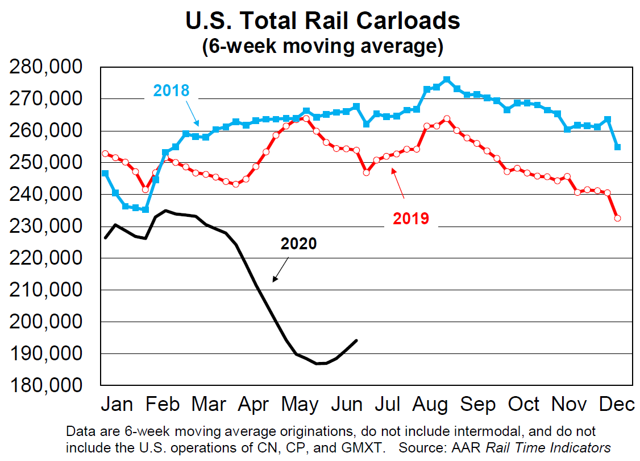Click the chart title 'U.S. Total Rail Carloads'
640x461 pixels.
point(322,20)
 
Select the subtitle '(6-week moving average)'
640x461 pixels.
point(322,46)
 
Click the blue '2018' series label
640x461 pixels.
point(171,90)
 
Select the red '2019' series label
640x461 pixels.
point(411,218)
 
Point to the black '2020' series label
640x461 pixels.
point(298,244)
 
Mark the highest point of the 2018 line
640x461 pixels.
point(446,80)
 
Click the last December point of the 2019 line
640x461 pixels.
point(617,218)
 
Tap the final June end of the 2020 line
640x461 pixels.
point(356,340)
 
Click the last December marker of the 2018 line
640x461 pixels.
point(617,147)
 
